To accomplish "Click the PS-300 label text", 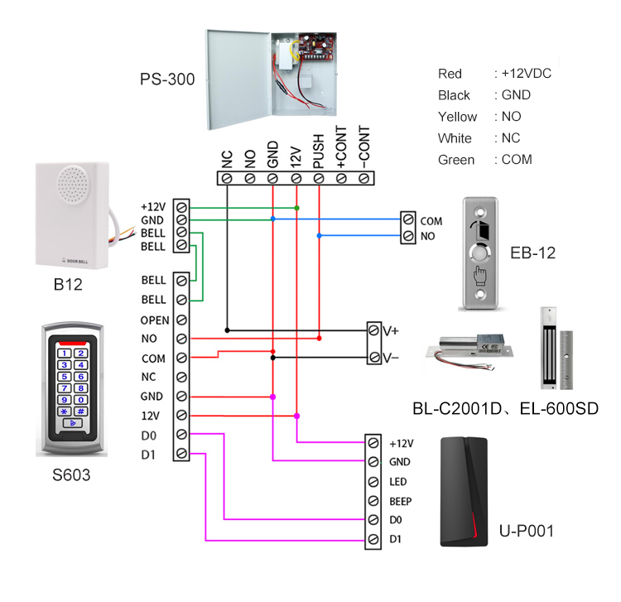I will [x=167, y=80].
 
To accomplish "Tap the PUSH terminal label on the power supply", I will [x=319, y=153].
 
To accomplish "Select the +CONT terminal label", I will [x=341, y=151].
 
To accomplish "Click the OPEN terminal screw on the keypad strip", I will [x=181, y=320].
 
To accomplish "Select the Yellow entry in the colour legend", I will [x=457, y=117].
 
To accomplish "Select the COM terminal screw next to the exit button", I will [x=407, y=221].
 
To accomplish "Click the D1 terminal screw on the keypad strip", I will [x=181, y=453].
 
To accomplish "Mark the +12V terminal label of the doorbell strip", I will [x=153, y=205].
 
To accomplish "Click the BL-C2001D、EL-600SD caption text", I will [x=505, y=409].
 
